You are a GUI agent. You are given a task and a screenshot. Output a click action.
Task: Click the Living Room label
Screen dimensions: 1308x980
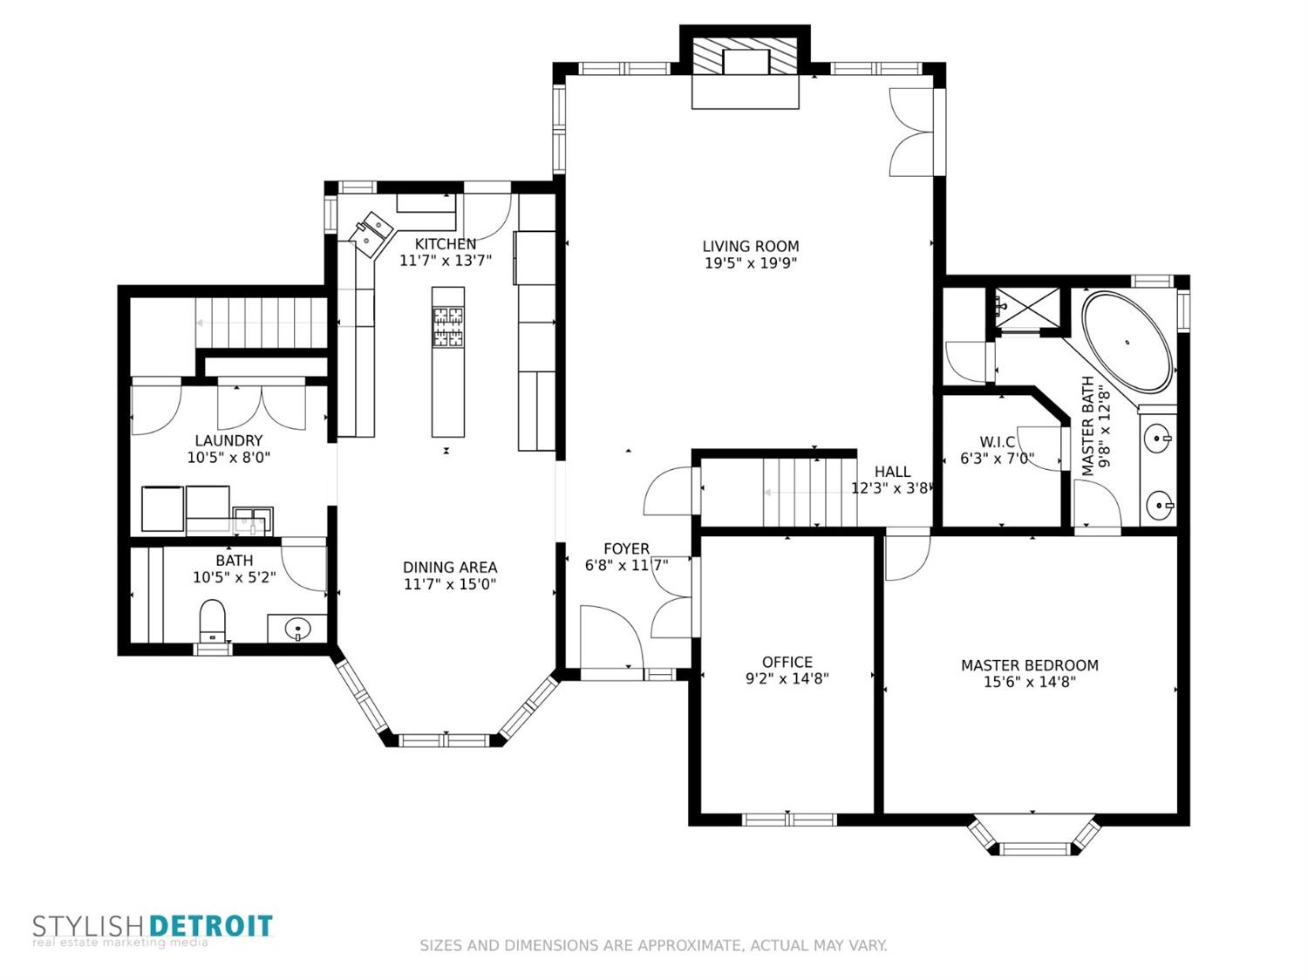click(750, 246)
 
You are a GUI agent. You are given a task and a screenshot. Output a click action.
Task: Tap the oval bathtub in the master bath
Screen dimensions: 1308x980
click(1127, 342)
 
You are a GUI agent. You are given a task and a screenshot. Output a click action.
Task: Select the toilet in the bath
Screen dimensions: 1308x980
click(213, 620)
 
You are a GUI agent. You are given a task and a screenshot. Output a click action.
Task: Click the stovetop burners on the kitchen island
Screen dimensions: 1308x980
click(448, 326)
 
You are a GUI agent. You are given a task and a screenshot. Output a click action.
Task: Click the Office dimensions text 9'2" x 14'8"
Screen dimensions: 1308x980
click(787, 678)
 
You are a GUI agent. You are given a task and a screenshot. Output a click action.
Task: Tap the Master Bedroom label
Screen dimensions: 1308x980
click(1030, 665)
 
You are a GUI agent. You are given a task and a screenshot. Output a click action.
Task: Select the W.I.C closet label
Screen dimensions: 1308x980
click(998, 442)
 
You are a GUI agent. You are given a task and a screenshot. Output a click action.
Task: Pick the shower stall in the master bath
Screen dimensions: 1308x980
click(1026, 308)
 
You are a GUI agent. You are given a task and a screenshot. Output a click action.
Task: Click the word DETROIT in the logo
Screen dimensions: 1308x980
click(211, 927)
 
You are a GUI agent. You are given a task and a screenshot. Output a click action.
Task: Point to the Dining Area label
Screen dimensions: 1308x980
click(450, 567)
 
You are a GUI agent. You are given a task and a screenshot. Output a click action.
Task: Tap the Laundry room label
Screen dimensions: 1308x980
click(228, 440)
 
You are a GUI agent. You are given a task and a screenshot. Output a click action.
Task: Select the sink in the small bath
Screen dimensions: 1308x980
click(297, 629)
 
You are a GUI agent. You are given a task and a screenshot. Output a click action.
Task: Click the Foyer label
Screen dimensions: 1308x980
click(626, 548)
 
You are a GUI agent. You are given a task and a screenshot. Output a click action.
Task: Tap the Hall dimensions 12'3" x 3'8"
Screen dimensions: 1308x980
click(891, 488)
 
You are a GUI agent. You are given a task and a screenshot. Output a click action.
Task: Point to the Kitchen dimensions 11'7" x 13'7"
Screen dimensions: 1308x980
click(446, 261)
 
